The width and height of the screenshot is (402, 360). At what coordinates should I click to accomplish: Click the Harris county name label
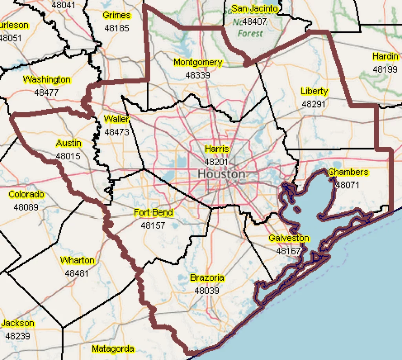point(217,149)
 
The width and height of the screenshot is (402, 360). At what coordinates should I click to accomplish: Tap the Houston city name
point(221,174)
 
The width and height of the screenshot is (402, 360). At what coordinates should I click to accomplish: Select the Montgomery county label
point(198,62)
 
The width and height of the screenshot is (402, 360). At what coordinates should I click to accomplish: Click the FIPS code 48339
point(198,75)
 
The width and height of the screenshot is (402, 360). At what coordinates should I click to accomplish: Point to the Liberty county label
point(314,91)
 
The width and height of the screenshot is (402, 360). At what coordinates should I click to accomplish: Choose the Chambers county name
point(348,172)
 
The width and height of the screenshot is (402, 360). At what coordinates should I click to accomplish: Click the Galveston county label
point(289,238)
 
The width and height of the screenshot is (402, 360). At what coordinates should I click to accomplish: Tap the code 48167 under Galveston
point(289,251)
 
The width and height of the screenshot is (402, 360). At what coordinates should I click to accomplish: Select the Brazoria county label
point(207,278)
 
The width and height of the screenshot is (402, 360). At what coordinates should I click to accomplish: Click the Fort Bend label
point(153,213)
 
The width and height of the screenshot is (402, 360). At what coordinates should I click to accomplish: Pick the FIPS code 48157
point(153,226)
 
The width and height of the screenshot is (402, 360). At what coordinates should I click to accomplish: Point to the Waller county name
point(117,119)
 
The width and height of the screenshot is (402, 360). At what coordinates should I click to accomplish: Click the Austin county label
point(68,143)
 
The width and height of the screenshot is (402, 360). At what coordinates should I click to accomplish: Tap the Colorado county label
point(26,194)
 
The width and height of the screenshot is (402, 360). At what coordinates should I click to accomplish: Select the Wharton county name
point(77,260)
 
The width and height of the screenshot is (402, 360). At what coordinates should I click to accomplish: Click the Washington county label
point(47,80)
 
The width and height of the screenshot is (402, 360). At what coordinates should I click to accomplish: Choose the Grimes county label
point(117,15)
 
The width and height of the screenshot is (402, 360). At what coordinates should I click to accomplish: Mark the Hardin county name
point(385,57)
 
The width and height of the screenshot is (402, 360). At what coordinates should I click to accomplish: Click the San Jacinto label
point(254,9)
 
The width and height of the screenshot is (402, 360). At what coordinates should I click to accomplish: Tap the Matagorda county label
point(113,349)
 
